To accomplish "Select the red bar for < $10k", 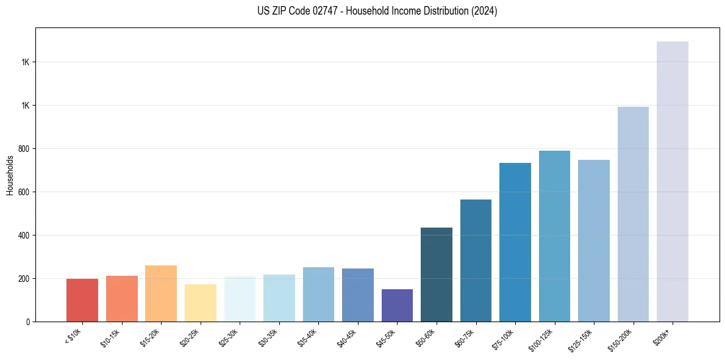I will pyautogui.click(x=82, y=300).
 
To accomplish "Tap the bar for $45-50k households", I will pyautogui.click(x=397, y=305).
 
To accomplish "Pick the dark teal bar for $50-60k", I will pyautogui.click(x=436, y=275).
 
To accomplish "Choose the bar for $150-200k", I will pyautogui.click(x=633, y=214).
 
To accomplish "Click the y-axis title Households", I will pyautogui.click(x=10, y=175).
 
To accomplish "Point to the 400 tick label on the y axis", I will pyautogui.click(x=23, y=236).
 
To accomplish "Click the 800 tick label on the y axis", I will pyautogui.click(x=23, y=149).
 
